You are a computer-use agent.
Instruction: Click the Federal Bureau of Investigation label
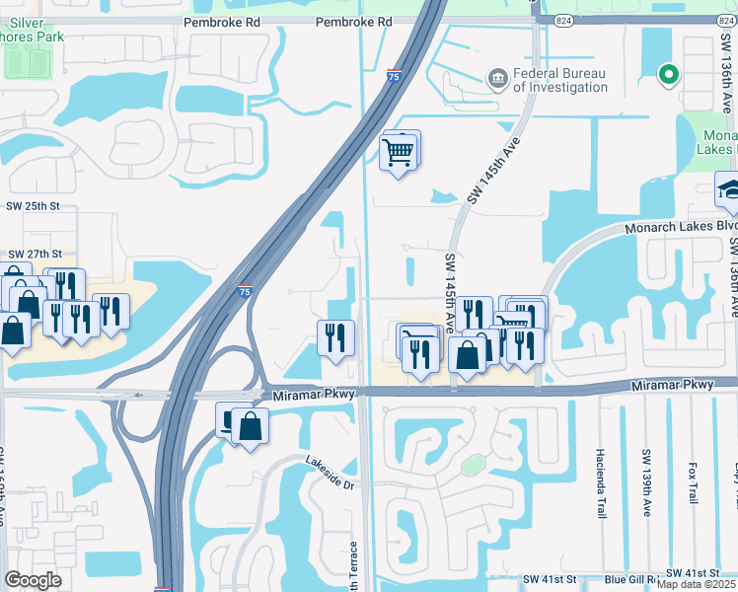pyautogui.click(x=561, y=80)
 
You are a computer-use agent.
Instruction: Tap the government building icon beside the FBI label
pyautogui.click(x=497, y=76)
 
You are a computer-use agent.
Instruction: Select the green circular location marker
pyautogui.click(x=668, y=72)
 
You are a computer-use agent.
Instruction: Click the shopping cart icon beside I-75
pyautogui.click(x=398, y=151)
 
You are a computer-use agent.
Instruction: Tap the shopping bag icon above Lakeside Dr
pyautogui.click(x=251, y=426)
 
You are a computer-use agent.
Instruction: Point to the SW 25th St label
pyautogui.click(x=34, y=206)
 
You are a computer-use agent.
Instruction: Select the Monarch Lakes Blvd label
pyautogui.click(x=681, y=228)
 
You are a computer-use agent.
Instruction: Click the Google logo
pyautogui.click(x=33, y=580)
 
